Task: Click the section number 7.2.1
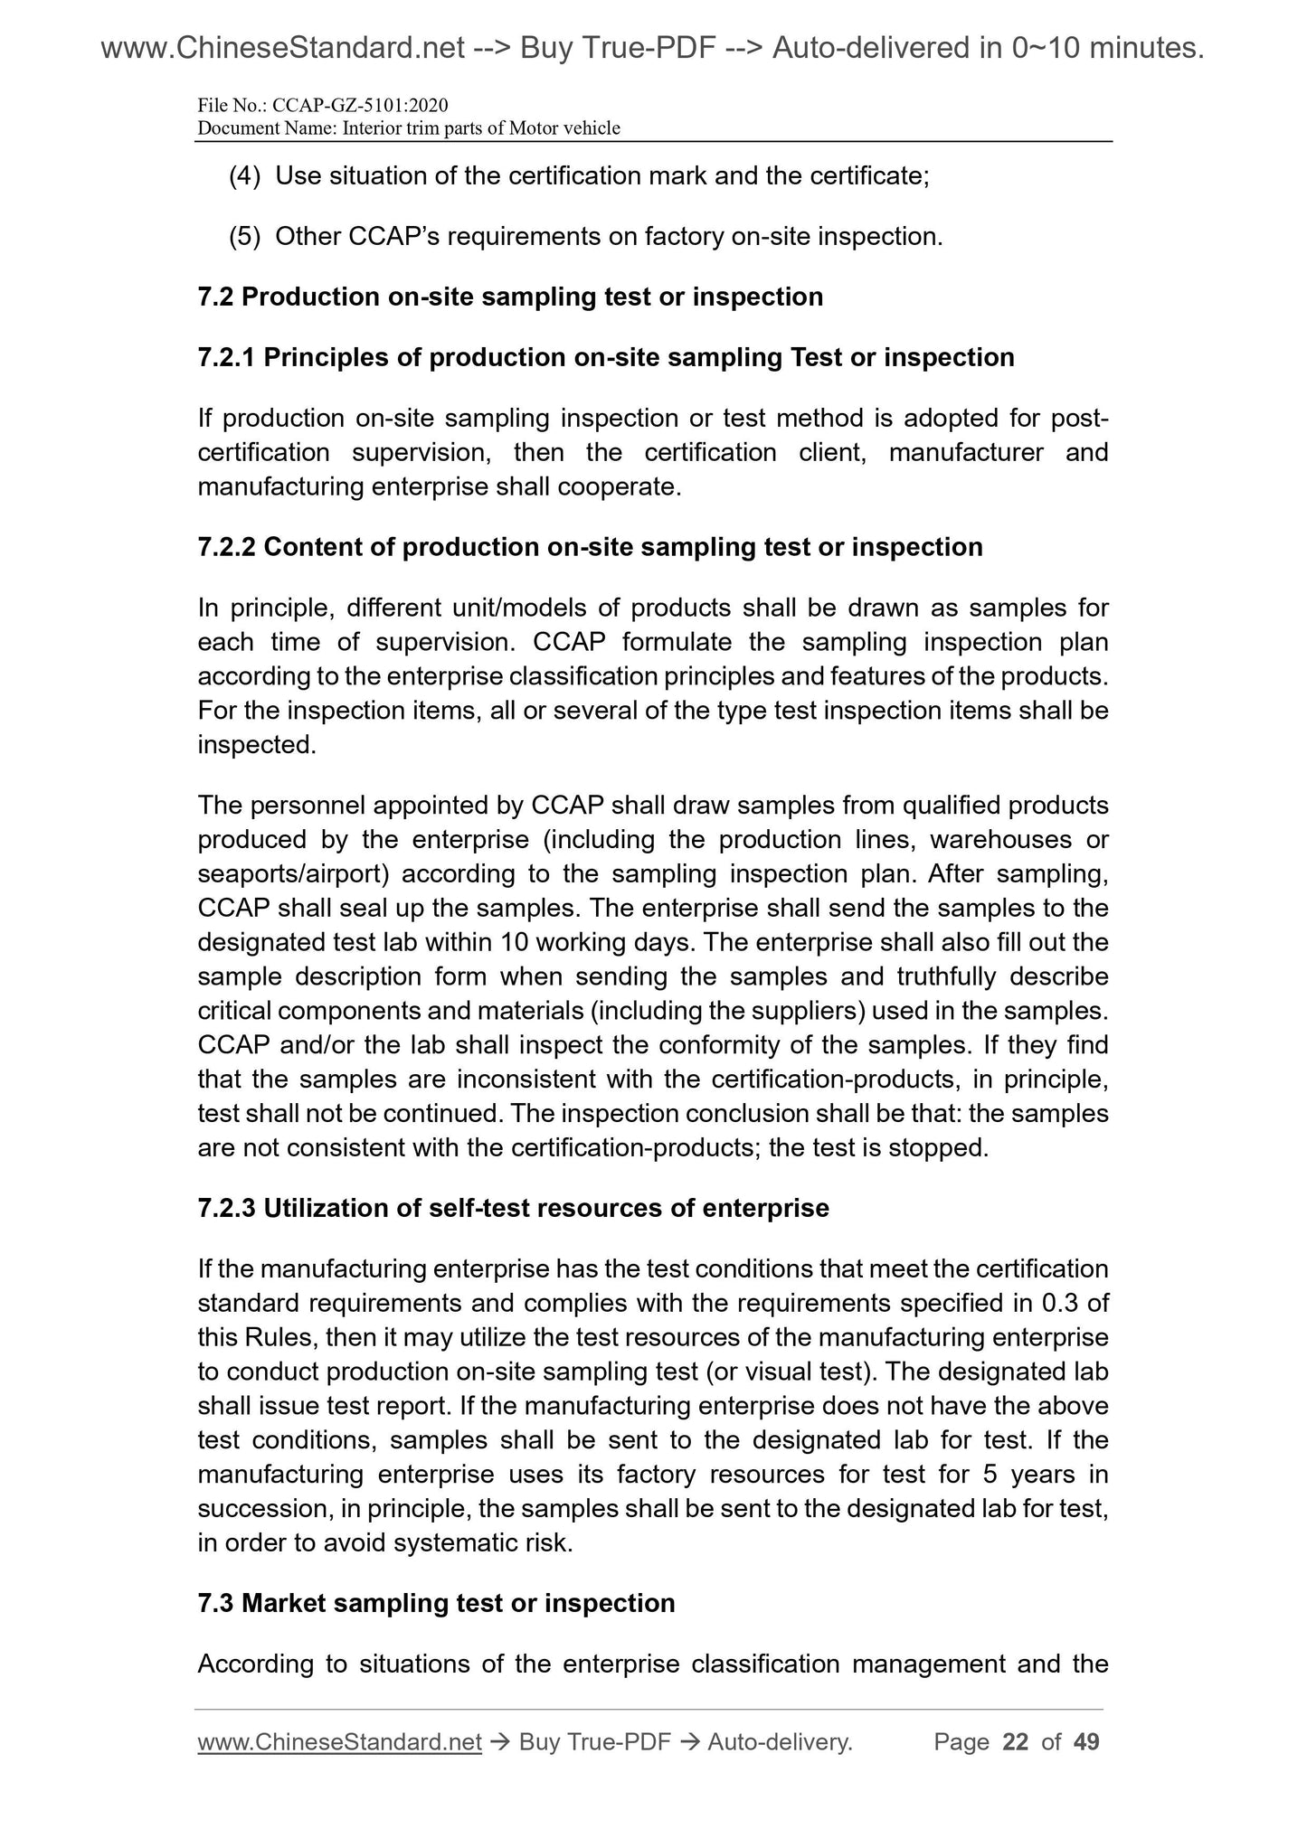point(227,358)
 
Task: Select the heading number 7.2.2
point(227,548)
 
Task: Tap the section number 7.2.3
point(227,1209)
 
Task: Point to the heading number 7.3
point(217,1604)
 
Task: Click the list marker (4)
point(245,175)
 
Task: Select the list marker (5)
point(245,237)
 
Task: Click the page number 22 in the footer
point(1016,1742)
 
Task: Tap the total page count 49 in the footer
point(1086,1742)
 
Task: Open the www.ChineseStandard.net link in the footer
point(339,1742)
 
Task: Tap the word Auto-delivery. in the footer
point(781,1742)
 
